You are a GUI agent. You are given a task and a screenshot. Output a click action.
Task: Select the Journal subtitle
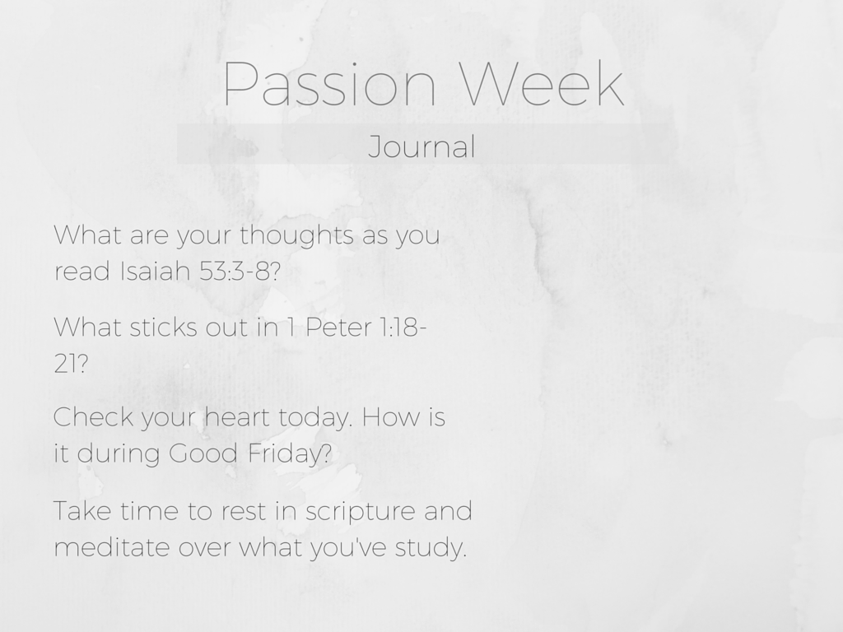coord(421,146)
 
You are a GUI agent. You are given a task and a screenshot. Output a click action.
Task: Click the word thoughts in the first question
coord(296,236)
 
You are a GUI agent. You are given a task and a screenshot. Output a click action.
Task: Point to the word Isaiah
coord(156,271)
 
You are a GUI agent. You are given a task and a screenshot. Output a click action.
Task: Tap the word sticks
coord(164,328)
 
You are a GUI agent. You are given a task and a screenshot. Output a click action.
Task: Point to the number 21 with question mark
coord(71,363)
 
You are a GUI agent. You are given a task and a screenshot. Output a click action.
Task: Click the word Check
coord(93,417)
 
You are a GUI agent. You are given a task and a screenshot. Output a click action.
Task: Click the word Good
coord(203,453)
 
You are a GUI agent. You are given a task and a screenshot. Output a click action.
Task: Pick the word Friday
coord(290,454)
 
